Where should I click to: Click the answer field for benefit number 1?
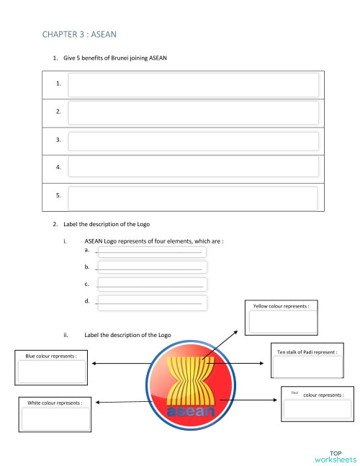[193, 84]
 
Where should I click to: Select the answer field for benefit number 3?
[193, 140]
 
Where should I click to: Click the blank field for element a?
[151, 252]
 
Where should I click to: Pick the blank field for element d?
[151, 303]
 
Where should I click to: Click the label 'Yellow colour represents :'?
[281, 306]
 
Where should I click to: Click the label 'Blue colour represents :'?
[51, 356]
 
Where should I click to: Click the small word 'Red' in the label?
[294, 393]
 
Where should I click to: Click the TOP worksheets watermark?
[335, 454]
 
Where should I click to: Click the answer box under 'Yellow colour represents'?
[281, 322]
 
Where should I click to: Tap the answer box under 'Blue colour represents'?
[51, 372]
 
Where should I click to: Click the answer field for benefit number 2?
[193, 112]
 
